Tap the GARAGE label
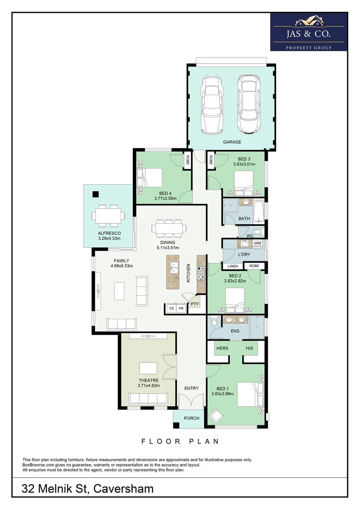pyautogui.click(x=232, y=142)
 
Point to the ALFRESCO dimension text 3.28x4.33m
pyautogui.click(x=109, y=238)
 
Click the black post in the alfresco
pyautogui.click(x=96, y=194)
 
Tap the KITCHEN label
pyautogui.click(x=188, y=273)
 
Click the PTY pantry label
pyautogui.click(x=194, y=304)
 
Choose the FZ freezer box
pyautogui.click(x=171, y=309)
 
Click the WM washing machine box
pyautogui.click(x=257, y=243)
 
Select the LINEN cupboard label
pyautogui.click(x=233, y=266)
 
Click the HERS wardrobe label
pyautogui.click(x=222, y=348)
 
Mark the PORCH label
pyautogui.click(x=191, y=418)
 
